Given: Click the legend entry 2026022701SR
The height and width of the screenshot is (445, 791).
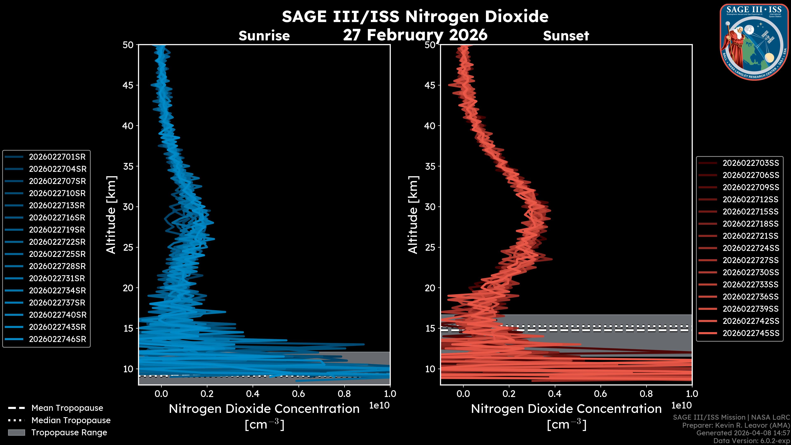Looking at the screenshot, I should (x=57, y=157).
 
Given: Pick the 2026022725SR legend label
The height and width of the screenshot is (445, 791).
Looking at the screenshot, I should (x=57, y=254).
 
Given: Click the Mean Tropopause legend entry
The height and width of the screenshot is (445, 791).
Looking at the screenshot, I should (x=67, y=408).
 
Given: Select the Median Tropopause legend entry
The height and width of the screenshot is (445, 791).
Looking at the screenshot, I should (x=71, y=420).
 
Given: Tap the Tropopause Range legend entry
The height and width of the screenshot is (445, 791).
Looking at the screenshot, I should (x=69, y=433).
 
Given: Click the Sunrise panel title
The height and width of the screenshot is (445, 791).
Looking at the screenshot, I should (x=264, y=36).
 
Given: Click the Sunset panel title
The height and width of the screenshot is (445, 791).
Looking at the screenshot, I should (x=566, y=36).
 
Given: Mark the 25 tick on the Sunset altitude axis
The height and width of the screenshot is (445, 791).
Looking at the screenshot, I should (x=430, y=247).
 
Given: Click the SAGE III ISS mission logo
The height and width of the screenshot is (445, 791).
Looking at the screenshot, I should (x=754, y=42).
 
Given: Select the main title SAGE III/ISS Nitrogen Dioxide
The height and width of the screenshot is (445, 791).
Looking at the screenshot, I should (x=415, y=16).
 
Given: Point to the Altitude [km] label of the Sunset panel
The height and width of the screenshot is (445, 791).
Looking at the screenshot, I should (x=413, y=215).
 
